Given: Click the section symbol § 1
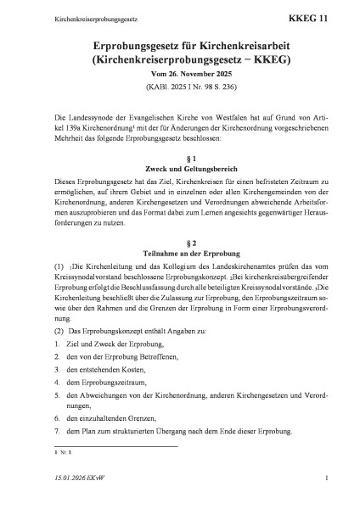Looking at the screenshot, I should (x=179, y=159).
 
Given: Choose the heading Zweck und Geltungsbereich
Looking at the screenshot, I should (x=179, y=171).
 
